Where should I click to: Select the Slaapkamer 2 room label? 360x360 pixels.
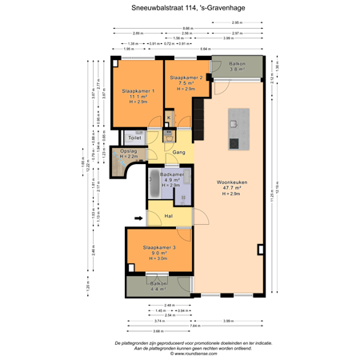tap(185, 77)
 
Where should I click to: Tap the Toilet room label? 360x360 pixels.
tap(135, 138)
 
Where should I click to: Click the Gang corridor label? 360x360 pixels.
tap(180, 151)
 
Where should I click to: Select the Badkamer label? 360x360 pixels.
tap(173, 174)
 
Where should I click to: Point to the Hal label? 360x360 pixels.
tap(170, 215)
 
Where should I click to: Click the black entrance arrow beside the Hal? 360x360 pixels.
tap(115, 215)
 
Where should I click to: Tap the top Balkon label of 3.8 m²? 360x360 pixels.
tap(238, 64)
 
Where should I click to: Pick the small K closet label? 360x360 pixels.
tap(169, 119)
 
